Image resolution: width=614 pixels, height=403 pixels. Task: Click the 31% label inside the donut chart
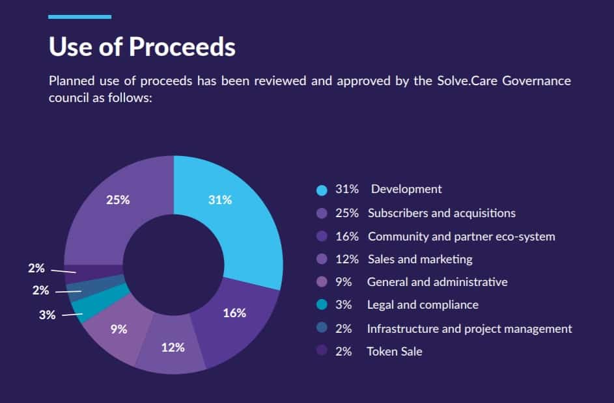point(220,200)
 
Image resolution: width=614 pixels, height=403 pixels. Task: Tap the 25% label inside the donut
point(118,200)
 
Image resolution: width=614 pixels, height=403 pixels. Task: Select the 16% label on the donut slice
point(234,313)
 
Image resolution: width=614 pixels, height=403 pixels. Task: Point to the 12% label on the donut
point(173,347)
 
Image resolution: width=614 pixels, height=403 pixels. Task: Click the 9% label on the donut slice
point(119,329)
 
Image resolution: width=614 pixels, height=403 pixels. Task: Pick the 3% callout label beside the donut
point(48,315)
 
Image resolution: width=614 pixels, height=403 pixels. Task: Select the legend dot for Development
point(321,190)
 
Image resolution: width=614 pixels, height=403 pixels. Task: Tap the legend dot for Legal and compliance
point(321,305)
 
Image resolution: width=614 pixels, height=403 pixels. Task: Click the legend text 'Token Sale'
point(395,352)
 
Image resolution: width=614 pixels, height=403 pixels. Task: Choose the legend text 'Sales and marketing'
point(420,259)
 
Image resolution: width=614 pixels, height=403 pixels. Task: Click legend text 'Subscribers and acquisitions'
point(441,213)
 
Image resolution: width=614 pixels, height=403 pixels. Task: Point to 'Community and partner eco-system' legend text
point(461,237)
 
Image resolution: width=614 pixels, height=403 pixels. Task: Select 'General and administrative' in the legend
point(437,282)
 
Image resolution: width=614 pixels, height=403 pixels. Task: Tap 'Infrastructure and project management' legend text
point(469,329)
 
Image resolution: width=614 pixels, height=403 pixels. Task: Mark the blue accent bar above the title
point(79,17)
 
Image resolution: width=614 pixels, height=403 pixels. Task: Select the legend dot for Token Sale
point(321,352)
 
